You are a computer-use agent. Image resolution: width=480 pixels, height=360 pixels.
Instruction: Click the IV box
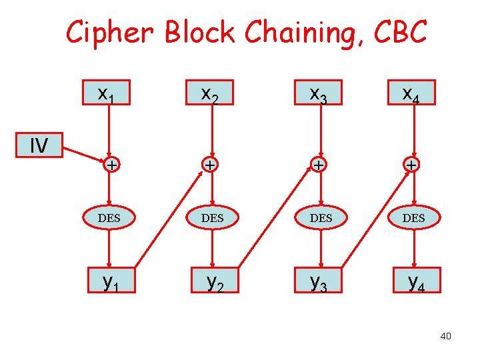pos(39,145)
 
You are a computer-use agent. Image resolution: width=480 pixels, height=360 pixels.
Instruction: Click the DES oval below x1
pos(109,218)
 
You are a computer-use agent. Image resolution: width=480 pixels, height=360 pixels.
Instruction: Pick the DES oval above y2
pos(212,218)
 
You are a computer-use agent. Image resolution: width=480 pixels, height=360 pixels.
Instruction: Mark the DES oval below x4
pos(414,218)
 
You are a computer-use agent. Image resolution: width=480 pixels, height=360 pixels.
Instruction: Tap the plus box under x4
pos(414,165)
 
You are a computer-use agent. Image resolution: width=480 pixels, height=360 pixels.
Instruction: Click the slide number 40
pos(445,336)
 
